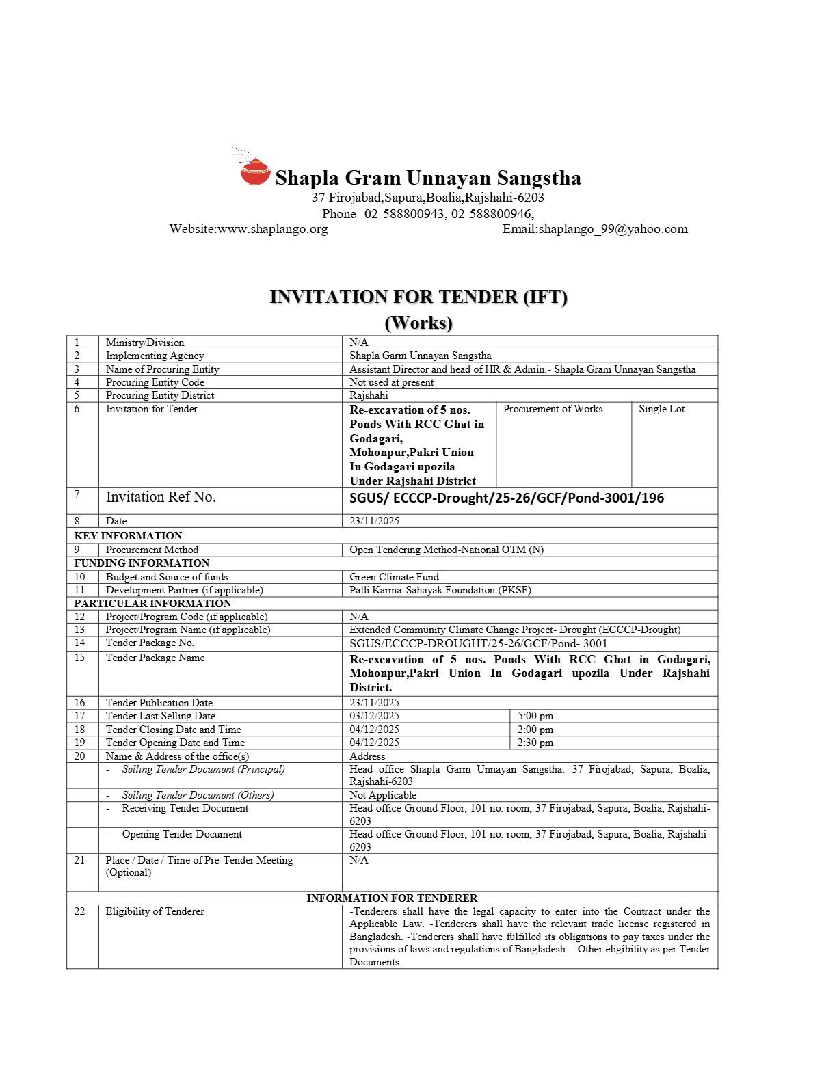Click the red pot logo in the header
pyautogui.click(x=255, y=171)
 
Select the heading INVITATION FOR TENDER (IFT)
pyautogui.click(x=418, y=297)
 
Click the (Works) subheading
pyautogui.click(x=418, y=322)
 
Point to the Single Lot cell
pyautogui.click(x=661, y=409)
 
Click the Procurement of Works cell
pyautogui.click(x=553, y=409)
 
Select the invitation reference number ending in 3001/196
pyautogui.click(x=506, y=498)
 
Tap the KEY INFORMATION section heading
pyautogui.click(x=128, y=535)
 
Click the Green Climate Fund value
pyautogui.click(x=394, y=576)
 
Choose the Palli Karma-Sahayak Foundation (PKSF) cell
pyautogui.click(x=440, y=589)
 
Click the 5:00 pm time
pyautogui.click(x=535, y=716)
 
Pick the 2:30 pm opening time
pyautogui.click(x=535, y=743)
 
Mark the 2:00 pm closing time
pyautogui.click(x=535, y=730)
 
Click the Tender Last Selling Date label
pyautogui.click(x=160, y=716)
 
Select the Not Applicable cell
pyautogui.click(x=382, y=795)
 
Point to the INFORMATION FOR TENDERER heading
pyautogui.click(x=392, y=898)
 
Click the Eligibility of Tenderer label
pyautogui.click(x=155, y=911)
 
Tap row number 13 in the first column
pyautogui.click(x=80, y=630)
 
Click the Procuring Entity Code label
pyautogui.click(x=155, y=382)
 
